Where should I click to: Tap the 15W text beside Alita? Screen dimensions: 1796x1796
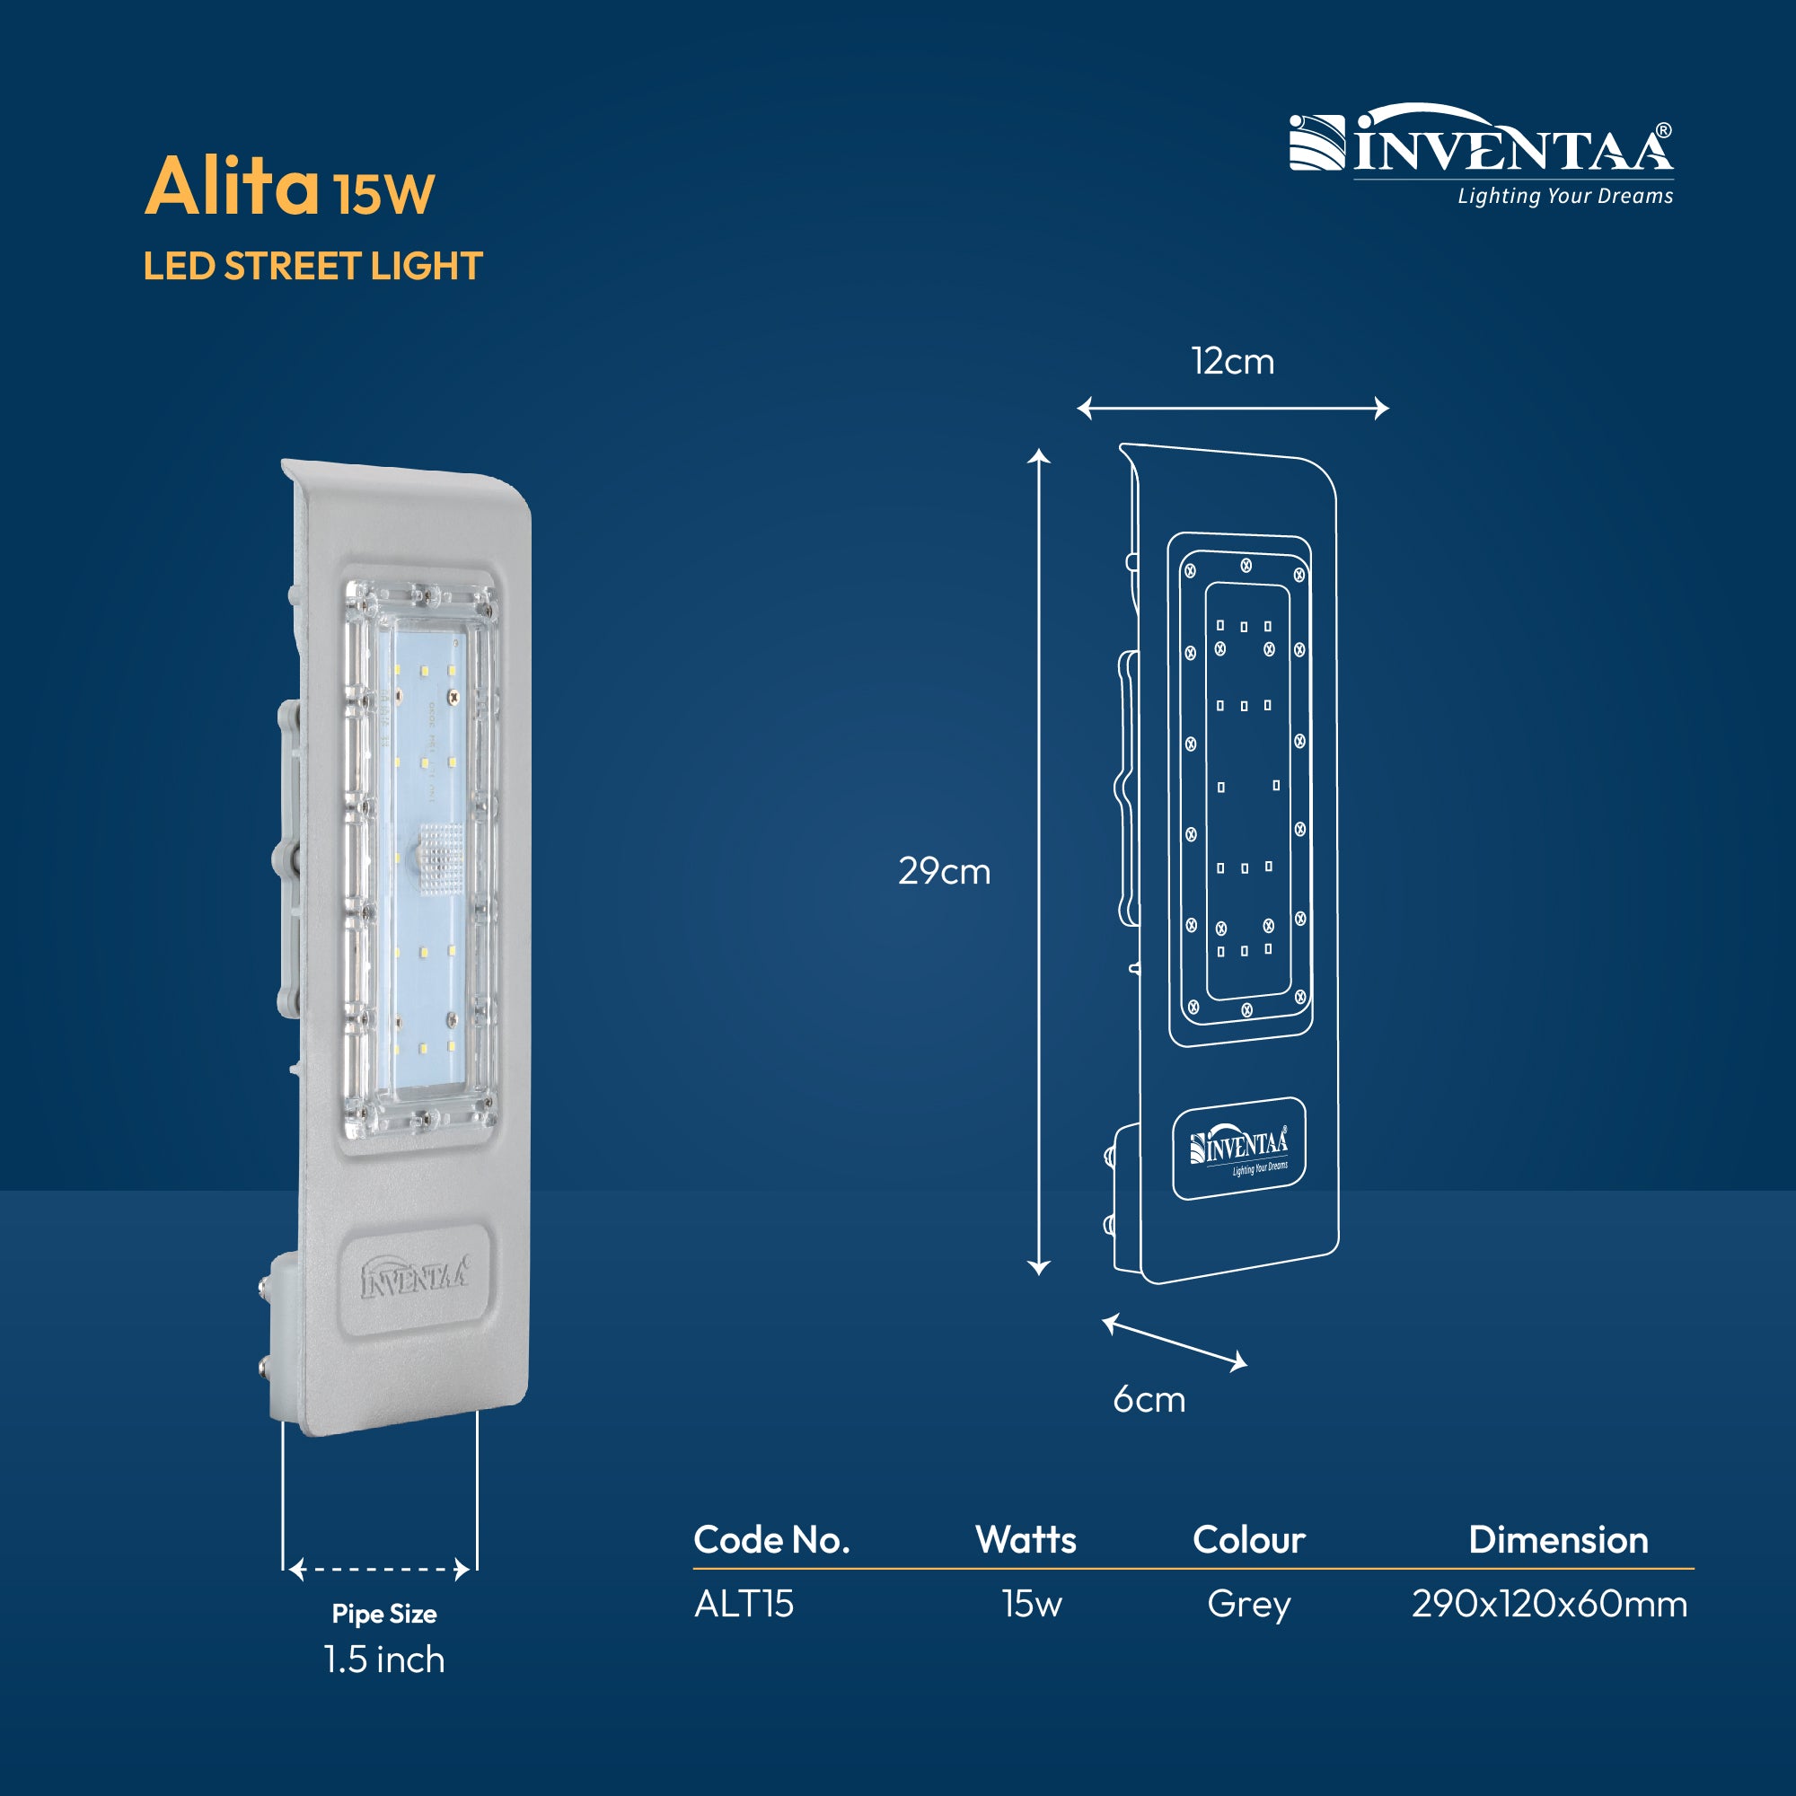(x=384, y=193)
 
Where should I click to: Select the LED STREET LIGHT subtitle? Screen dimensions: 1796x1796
(x=313, y=266)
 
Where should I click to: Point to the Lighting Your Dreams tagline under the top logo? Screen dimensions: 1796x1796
(x=1564, y=196)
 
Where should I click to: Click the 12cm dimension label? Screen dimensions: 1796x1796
(x=1233, y=361)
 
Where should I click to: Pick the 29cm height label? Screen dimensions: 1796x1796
(x=945, y=871)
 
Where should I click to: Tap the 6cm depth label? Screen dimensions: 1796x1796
(x=1149, y=1399)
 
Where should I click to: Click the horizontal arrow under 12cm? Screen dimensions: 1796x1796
(x=1233, y=408)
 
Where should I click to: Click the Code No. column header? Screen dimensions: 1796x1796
(x=771, y=1539)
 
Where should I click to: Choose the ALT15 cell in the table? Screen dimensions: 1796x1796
(x=744, y=1604)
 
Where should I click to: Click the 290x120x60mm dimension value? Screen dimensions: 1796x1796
(x=1550, y=1604)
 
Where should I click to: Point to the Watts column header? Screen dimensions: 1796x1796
(x=1026, y=1539)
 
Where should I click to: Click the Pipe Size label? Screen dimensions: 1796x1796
(x=384, y=1614)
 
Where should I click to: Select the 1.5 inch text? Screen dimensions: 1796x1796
(x=384, y=1660)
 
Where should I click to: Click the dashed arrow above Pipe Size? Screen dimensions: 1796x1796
(x=379, y=1570)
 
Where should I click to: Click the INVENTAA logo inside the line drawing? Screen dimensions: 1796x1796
(x=1239, y=1149)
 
